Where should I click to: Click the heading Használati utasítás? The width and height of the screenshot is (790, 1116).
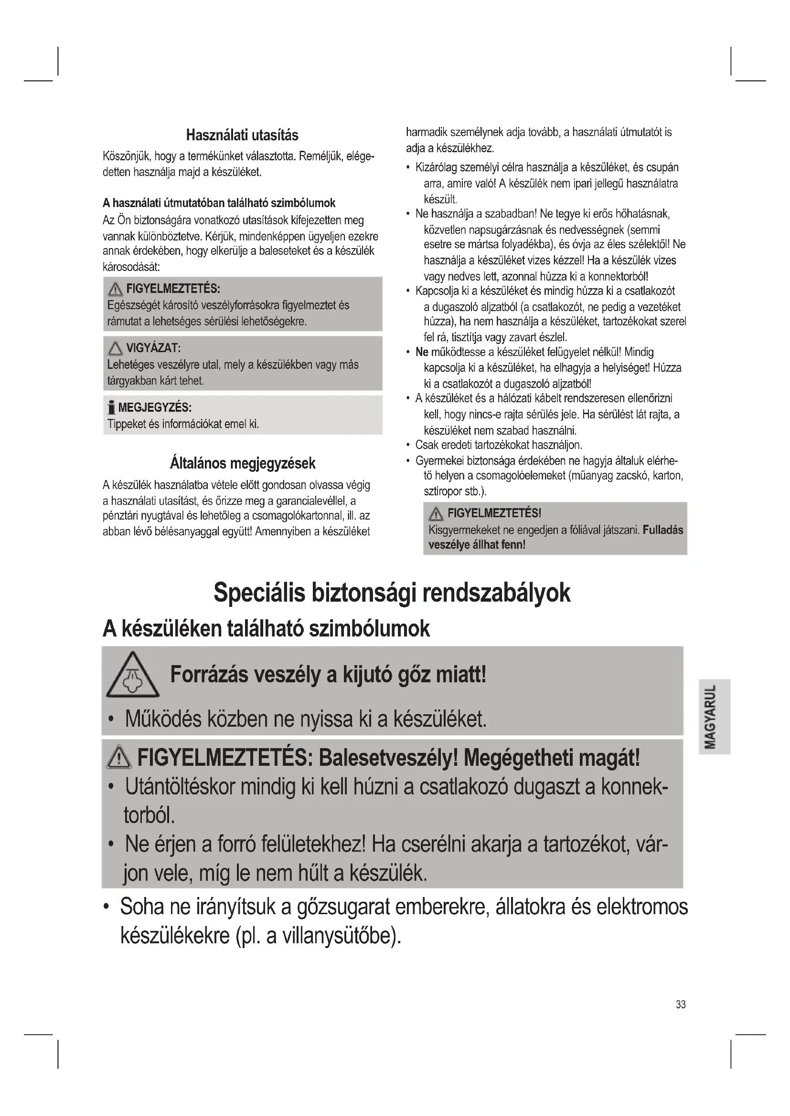point(242,135)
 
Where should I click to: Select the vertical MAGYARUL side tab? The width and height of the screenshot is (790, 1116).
point(714,717)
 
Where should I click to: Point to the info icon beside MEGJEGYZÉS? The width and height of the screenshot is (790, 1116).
point(111,407)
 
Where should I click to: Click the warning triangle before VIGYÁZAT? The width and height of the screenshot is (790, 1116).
point(115,348)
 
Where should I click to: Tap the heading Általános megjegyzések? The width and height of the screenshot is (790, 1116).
point(242,463)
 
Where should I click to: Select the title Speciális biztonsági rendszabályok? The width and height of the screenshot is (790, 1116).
point(392,593)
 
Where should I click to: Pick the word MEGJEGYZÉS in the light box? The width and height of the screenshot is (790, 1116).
point(155,407)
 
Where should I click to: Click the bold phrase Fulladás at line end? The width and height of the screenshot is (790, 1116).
point(662,530)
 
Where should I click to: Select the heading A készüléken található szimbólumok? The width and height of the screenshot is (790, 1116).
point(266,628)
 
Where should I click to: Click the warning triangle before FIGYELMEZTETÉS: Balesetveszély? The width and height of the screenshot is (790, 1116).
point(119,759)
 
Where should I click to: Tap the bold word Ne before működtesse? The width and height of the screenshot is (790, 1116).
point(421,353)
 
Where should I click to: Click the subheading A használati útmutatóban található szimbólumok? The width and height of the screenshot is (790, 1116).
point(219,203)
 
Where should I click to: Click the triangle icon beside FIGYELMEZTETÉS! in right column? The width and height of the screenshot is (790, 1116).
point(436,513)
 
